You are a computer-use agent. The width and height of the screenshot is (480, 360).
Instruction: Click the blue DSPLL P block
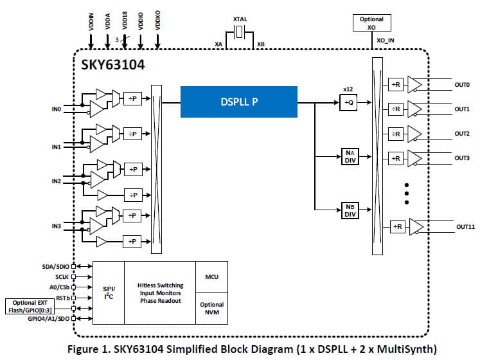(x=239, y=102)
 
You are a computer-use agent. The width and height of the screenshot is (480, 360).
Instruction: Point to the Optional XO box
(x=372, y=23)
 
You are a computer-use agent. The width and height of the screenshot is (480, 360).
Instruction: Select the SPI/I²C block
(x=109, y=292)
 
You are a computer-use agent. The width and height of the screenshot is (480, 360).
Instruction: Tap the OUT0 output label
(x=461, y=85)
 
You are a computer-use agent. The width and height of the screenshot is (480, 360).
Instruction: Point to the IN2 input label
(x=56, y=181)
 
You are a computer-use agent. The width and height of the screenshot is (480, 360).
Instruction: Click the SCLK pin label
(x=61, y=276)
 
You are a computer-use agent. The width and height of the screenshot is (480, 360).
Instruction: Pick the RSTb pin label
(x=62, y=298)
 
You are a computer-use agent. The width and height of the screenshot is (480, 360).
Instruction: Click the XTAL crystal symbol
(x=240, y=33)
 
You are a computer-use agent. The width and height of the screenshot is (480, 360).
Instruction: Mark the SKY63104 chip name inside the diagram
(x=111, y=66)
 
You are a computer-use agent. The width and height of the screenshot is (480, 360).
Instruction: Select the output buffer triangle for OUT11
(x=416, y=226)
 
